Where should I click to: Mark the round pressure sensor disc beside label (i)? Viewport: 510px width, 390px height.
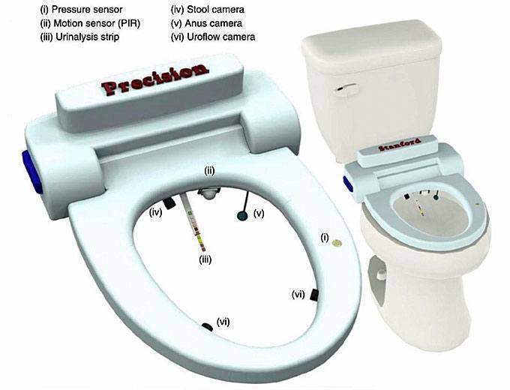pos(337,242)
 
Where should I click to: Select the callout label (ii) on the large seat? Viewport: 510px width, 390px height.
pos(210,171)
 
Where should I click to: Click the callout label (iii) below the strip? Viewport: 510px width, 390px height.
pos(204,260)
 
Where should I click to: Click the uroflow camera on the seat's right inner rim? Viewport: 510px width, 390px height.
pos(315,294)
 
